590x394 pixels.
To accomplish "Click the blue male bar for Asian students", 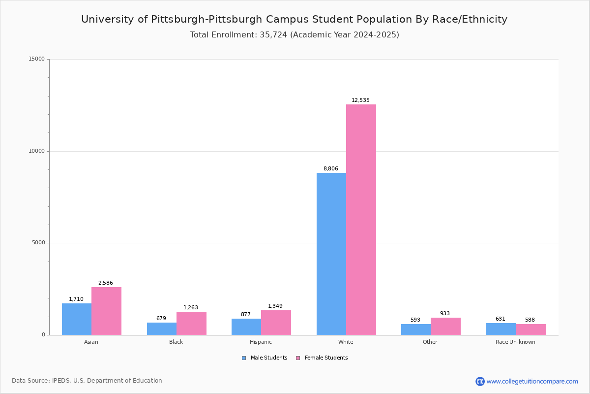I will coord(77,319).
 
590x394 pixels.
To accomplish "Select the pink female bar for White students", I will coord(361,220).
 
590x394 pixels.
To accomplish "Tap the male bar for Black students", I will coord(162,328).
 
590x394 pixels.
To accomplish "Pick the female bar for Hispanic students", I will coord(276,323).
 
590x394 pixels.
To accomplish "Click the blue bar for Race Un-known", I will coord(501,329).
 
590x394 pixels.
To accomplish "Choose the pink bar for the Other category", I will coord(445,326).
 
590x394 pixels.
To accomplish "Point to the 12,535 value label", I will coord(360,100).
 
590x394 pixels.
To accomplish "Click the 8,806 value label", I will coord(330,169).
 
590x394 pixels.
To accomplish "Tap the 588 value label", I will coord(530,320).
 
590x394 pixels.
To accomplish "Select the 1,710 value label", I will coord(76,299).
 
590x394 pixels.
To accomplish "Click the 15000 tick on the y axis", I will coord(36,59).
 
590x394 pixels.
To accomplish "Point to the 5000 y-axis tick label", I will coord(38,243).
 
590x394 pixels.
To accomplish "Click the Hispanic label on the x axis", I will coord(261,342).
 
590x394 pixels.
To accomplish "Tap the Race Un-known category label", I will coord(515,342).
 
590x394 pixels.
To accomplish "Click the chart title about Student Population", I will coord(294,19).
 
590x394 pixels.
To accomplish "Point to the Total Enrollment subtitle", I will coord(295,35).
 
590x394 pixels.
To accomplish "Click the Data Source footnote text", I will coord(87,381).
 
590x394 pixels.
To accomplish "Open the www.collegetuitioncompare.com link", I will coord(532,381).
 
